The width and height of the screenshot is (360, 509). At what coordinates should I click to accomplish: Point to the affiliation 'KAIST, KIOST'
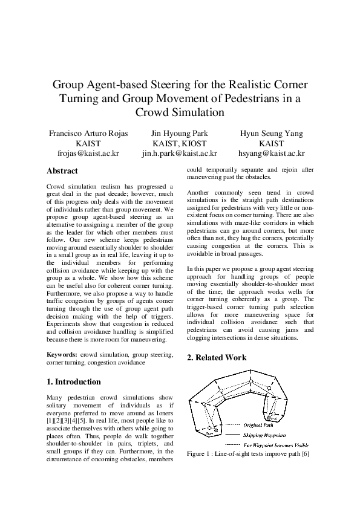coord(180,143)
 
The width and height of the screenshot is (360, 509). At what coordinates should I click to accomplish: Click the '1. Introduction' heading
coord(74,381)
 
